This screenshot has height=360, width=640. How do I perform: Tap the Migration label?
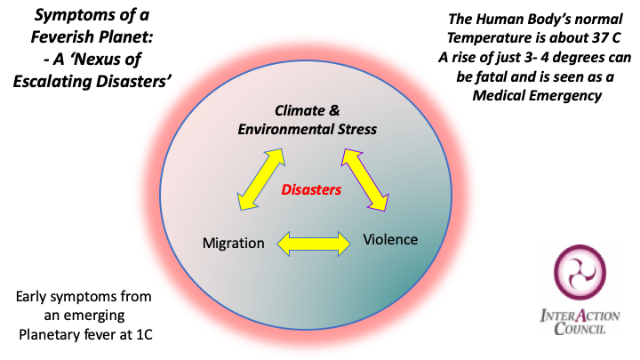[x=233, y=243]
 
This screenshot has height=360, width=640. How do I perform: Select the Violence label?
[x=390, y=239]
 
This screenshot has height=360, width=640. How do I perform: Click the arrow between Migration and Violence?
[x=311, y=241]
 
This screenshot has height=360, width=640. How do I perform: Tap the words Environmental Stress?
[x=307, y=129]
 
